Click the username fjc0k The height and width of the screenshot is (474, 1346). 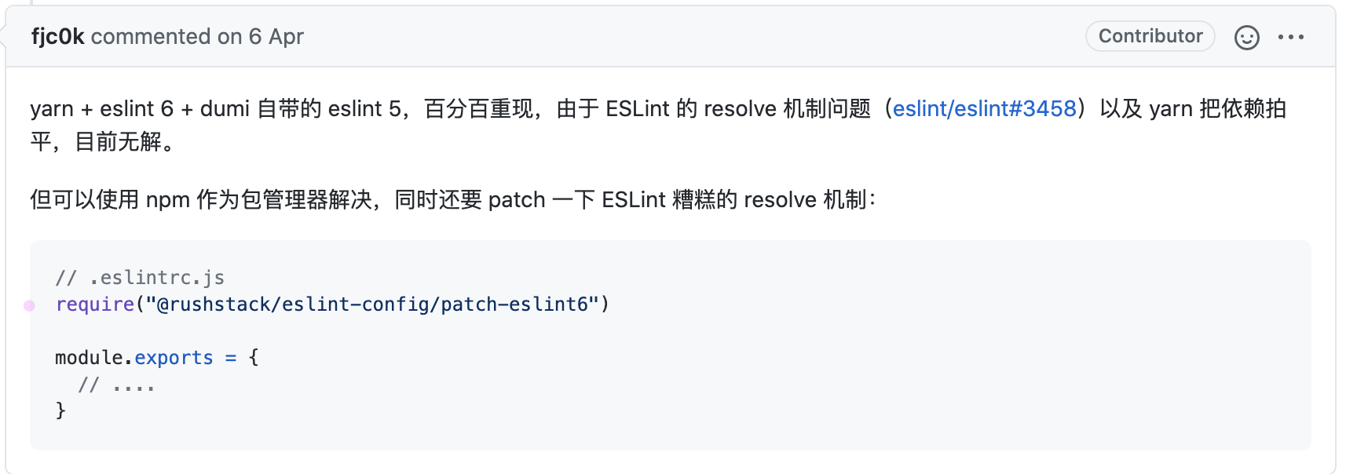coord(57,37)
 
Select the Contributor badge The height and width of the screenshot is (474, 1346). coord(1150,36)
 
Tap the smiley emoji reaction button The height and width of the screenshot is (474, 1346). coord(1246,37)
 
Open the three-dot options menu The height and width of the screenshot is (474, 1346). coord(1290,37)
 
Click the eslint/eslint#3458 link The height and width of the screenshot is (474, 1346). coord(984,108)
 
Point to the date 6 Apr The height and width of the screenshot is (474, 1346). coord(276,37)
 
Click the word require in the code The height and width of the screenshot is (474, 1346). coord(95,304)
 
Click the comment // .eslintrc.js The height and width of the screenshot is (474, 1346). coord(140,278)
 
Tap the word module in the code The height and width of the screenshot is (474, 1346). coord(89,358)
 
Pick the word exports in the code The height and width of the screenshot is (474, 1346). coord(174,358)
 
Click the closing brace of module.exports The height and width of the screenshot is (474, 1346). coord(60,410)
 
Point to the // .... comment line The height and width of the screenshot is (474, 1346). coord(116,385)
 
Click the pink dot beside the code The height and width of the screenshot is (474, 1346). coord(29,305)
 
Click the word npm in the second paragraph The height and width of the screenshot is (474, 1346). coord(167,200)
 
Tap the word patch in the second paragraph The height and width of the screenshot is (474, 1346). coord(516,200)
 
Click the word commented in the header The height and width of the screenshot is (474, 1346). coord(151,37)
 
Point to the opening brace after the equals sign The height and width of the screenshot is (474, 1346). coord(254,358)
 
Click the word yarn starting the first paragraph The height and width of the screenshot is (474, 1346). coord(52,108)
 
